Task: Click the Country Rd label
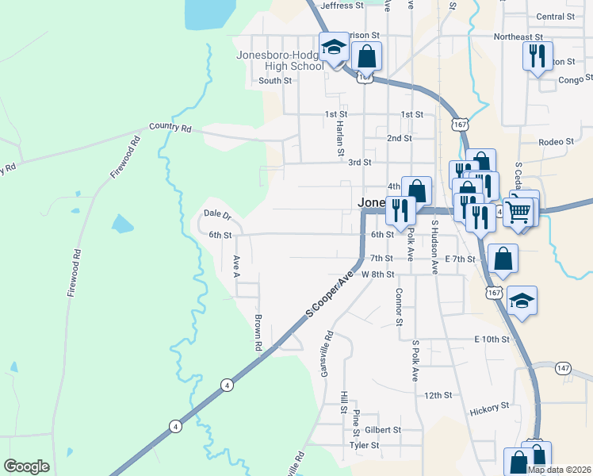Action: click(x=171, y=127)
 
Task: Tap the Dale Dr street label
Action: click(x=216, y=213)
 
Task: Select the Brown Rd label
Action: click(x=258, y=332)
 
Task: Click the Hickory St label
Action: click(x=488, y=407)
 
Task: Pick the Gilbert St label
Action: click(x=383, y=429)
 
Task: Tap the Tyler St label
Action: click(x=365, y=445)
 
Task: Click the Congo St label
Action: click(x=575, y=79)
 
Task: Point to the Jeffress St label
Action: click(x=342, y=5)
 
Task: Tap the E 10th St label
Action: click(x=491, y=339)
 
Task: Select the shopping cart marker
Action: click(x=518, y=210)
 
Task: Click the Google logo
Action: click(x=26, y=466)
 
